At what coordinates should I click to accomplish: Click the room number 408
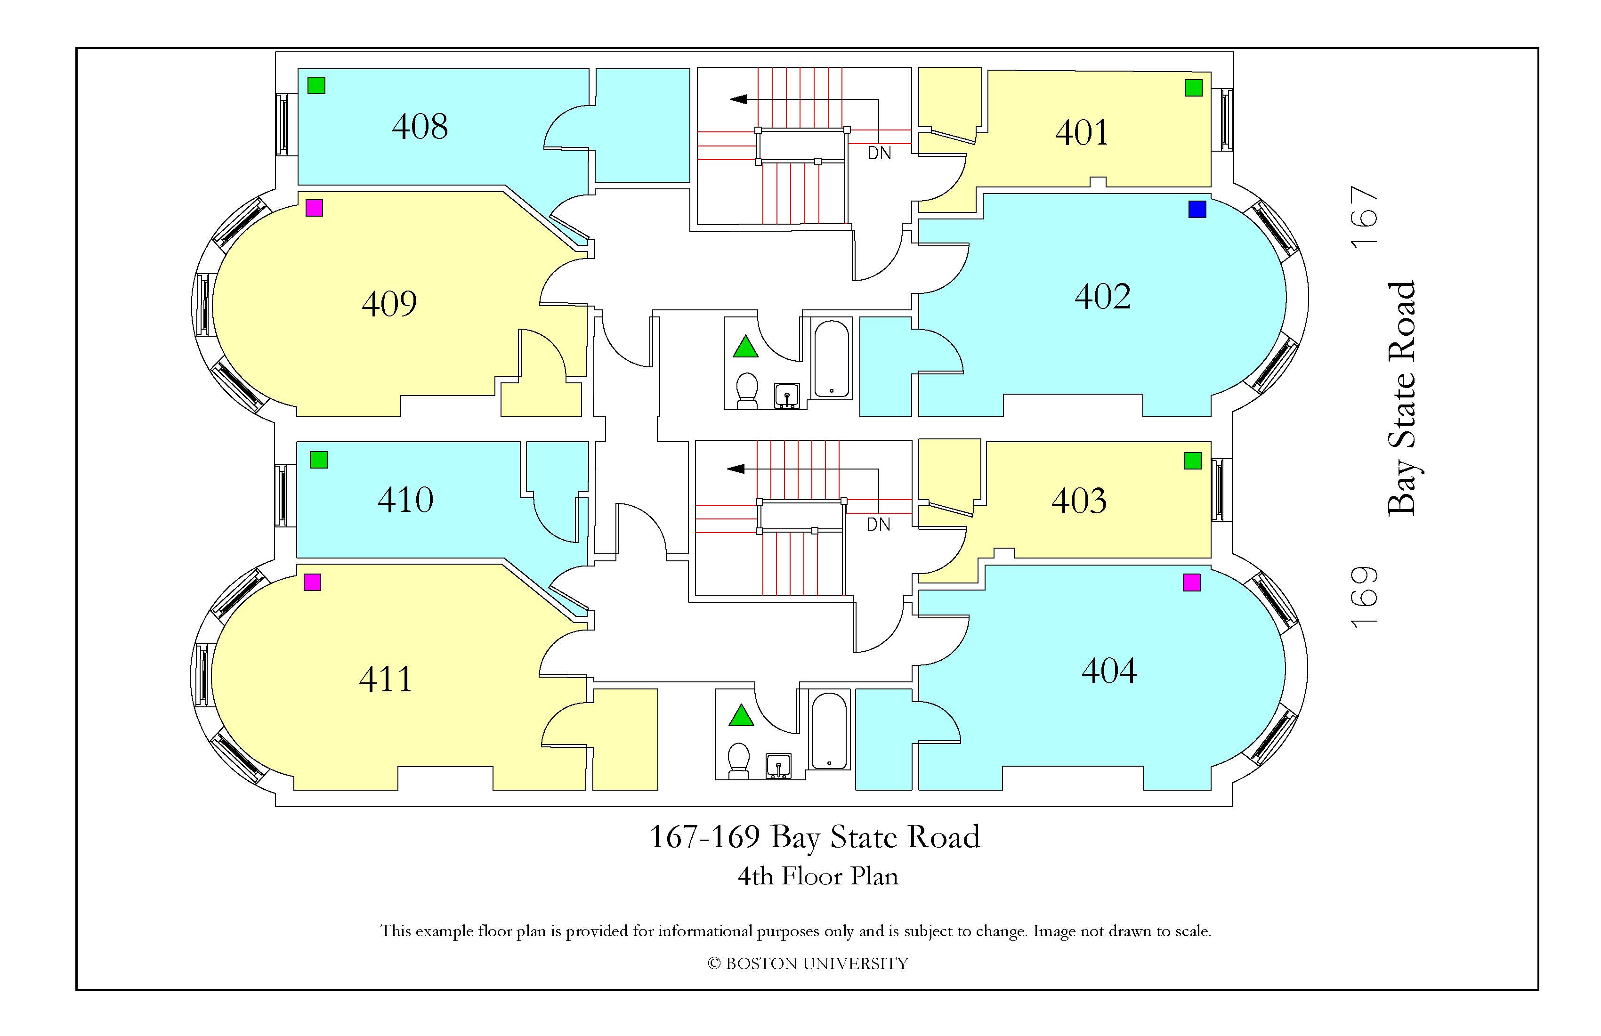click(420, 127)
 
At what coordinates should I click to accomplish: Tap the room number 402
click(1102, 297)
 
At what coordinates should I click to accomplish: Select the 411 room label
click(386, 680)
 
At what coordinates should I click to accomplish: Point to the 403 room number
click(1079, 501)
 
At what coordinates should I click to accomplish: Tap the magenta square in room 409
click(314, 208)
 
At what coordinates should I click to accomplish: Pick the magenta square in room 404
click(1191, 583)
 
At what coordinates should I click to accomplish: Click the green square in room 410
click(318, 460)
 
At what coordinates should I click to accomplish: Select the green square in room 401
click(1193, 88)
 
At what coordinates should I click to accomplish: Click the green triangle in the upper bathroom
click(745, 347)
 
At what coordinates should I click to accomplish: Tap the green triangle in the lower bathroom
click(741, 716)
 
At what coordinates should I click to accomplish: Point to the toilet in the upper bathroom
click(747, 391)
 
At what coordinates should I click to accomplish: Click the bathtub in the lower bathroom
click(829, 731)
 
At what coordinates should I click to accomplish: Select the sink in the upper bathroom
click(787, 395)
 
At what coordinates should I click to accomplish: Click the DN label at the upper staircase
click(879, 154)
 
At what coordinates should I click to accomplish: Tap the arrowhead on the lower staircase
click(736, 469)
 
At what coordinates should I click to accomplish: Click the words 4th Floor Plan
click(818, 876)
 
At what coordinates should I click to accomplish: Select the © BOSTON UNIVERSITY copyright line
click(808, 964)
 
